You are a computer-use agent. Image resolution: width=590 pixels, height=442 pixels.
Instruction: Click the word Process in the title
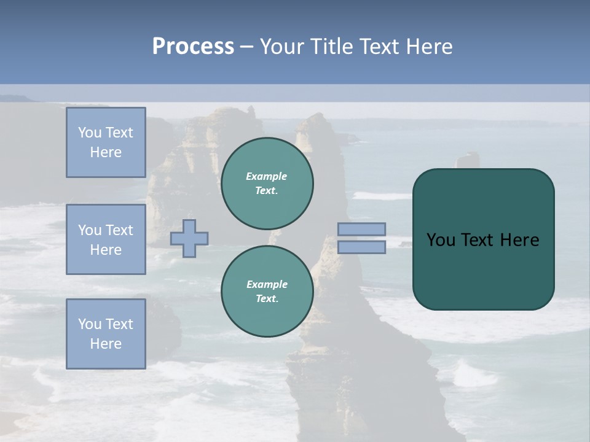pyautogui.click(x=193, y=47)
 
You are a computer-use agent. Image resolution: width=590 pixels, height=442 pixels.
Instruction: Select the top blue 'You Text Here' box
pyautogui.click(x=106, y=142)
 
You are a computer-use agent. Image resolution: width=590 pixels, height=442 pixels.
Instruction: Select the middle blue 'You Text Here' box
pyautogui.click(x=106, y=239)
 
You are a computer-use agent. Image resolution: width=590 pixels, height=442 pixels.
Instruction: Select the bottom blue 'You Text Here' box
pyautogui.click(x=106, y=333)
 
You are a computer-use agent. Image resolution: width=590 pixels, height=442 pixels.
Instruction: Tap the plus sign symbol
pyautogui.click(x=189, y=238)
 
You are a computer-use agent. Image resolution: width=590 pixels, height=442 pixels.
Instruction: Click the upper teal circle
pyautogui.click(x=267, y=184)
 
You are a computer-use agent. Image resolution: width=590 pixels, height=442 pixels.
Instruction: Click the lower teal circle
pyautogui.click(x=267, y=292)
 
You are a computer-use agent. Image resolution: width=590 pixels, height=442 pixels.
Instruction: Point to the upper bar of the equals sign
pyautogui.click(x=361, y=229)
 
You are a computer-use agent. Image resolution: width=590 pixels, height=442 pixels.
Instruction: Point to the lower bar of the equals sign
pyautogui.click(x=361, y=247)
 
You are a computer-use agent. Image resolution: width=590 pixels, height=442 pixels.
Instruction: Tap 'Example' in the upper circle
pyautogui.click(x=267, y=176)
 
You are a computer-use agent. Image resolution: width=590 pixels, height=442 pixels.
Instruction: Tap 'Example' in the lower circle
pyautogui.click(x=267, y=284)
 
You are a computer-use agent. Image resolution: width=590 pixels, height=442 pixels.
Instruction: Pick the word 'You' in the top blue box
pyautogui.click(x=89, y=133)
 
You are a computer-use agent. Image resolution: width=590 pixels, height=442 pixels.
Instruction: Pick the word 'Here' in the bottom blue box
pyautogui.click(x=106, y=344)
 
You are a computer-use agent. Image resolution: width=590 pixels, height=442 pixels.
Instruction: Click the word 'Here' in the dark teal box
pyautogui.click(x=519, y=240)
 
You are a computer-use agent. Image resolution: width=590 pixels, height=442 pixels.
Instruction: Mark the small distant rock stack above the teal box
pyautogui.click(x=468, y=161)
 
